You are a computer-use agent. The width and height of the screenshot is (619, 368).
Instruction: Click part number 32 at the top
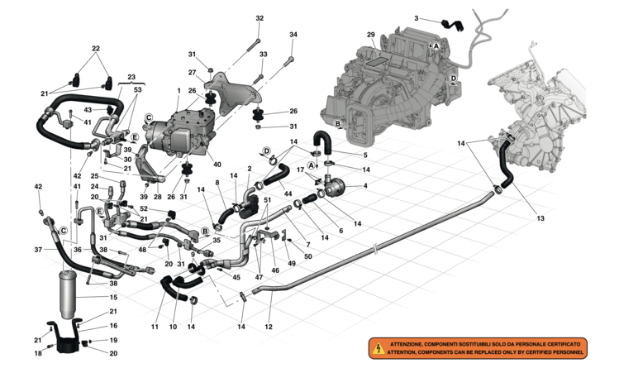pos(260,18)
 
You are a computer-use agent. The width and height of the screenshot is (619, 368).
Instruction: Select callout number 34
pos(293,35)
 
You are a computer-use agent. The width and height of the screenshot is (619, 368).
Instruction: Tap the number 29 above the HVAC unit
pos(371,35)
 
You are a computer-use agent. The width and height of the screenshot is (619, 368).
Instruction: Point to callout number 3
pos(439,17)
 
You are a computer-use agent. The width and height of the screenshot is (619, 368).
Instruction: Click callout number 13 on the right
pos(540,218)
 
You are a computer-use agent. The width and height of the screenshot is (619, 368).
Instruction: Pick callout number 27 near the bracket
pos(191,72)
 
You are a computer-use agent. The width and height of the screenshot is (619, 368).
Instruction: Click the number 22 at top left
pos(95,49)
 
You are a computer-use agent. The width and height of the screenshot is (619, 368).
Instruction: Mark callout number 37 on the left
pos(37,249)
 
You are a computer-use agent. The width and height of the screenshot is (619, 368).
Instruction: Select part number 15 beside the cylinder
pos(114,297)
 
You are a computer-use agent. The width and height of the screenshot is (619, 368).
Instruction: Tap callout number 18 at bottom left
pos(37,353)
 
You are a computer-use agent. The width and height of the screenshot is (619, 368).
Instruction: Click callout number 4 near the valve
pos(365,185)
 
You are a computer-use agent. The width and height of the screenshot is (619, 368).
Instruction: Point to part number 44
pos(288,194)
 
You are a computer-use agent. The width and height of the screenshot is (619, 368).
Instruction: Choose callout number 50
pos(308,257)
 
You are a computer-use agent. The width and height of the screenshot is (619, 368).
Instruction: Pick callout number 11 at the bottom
pos(155,327)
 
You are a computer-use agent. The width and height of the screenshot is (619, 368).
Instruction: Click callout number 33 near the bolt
pos(264,55)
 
